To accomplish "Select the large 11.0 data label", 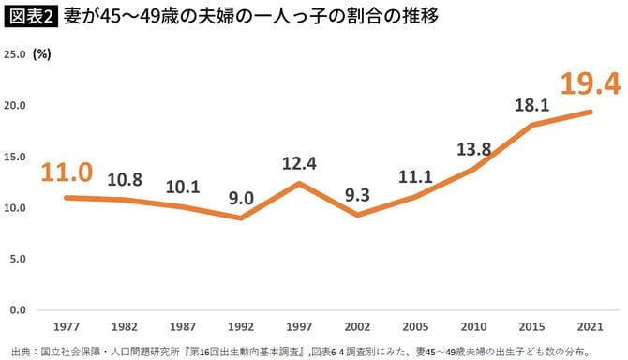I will pos(66,172).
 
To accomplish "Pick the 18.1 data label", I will pos(531,105).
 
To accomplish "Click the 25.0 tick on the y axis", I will pos(15,54).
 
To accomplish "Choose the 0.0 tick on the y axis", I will pos(18,309).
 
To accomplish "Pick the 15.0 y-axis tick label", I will pos(15,157).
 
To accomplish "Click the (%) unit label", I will pos(43,54).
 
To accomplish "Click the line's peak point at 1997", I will pos(299,183).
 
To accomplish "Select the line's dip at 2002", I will pos(357,215).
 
